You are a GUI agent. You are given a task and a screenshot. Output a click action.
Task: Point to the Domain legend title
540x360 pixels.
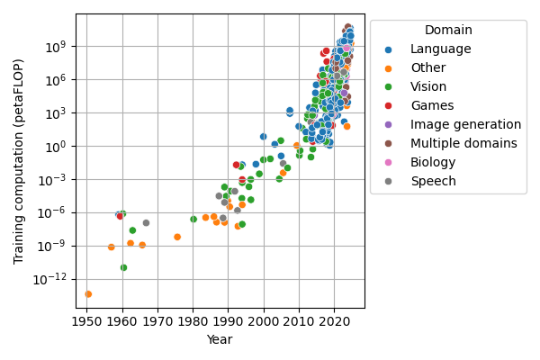click(448, 31)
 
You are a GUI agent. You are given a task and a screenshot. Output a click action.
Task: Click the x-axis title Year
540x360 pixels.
click(220, 339)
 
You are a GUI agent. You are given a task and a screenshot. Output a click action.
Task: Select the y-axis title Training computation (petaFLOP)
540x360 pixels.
click(19, 162)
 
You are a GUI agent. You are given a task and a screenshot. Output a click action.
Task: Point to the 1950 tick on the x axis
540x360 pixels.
click(87, 319)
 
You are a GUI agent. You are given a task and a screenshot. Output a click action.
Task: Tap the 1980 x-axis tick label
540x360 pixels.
click(193, 319)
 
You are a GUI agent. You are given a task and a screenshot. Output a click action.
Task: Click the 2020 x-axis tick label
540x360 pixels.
click(334, 319)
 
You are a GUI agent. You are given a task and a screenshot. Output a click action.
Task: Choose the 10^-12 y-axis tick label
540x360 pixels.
click(52, 279)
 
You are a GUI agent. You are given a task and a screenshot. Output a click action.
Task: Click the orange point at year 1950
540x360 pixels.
click(88, 294)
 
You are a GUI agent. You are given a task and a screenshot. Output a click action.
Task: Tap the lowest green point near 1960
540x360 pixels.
click(123, 267)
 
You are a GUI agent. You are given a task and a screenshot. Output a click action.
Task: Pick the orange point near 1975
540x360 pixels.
click(177, 237)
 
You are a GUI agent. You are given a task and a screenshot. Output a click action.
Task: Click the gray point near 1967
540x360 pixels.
click(146, 222)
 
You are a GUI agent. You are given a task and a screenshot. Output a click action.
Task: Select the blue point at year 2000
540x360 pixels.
click(263, 137)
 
